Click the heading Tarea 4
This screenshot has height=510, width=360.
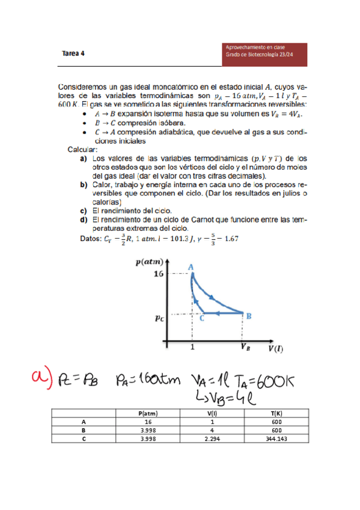[73, 53]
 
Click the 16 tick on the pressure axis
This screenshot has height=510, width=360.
[158, 274]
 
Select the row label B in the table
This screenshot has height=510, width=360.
[84, 431]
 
